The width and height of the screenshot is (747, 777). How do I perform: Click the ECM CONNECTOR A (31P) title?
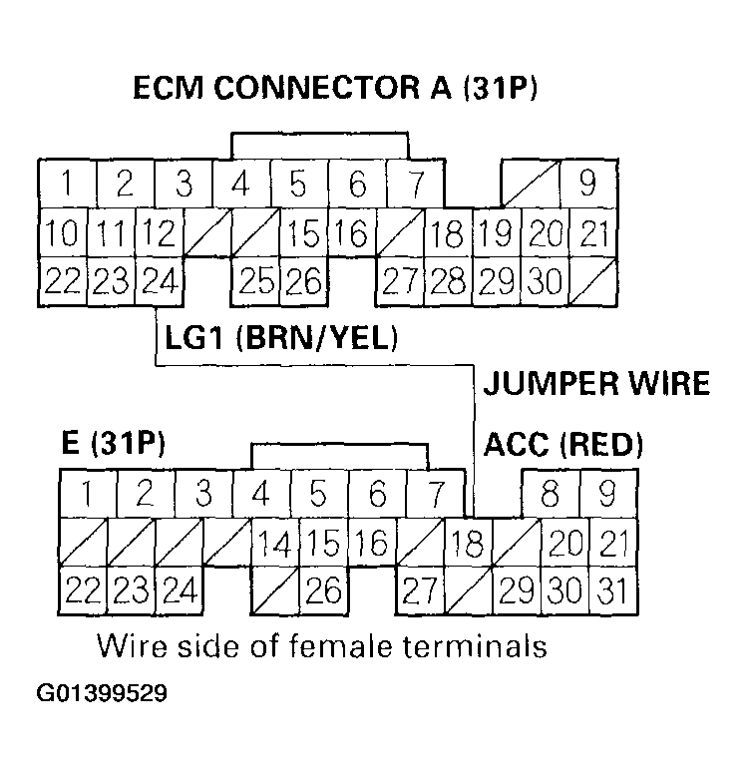click(x=335, y=88)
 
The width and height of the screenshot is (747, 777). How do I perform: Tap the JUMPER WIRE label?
click(x=596, y=383)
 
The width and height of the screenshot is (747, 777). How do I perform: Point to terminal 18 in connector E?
click(x=468, y=544)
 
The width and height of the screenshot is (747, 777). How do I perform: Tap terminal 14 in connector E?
click(x=274, y=544)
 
